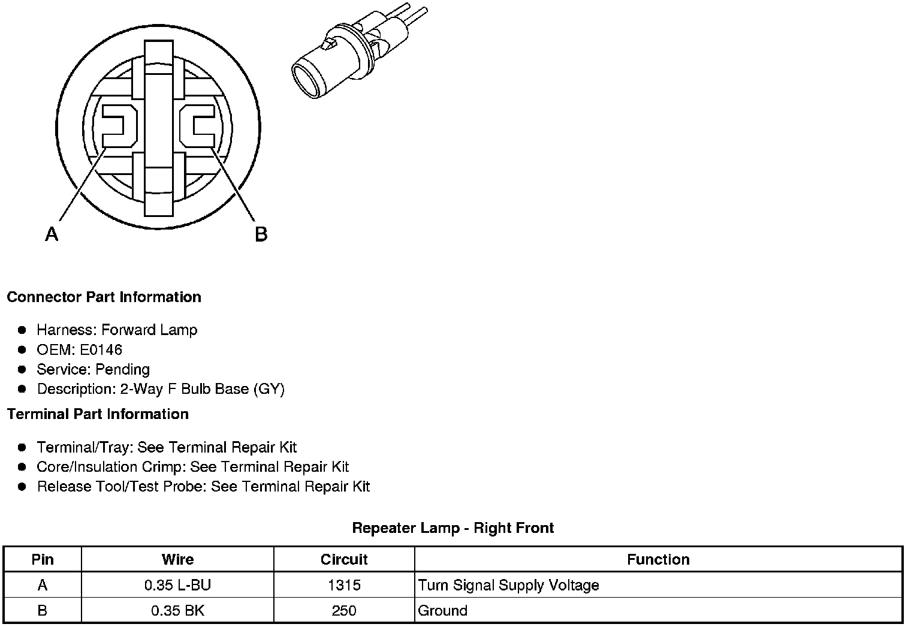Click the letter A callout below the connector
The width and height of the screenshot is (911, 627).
[x=52, y=234]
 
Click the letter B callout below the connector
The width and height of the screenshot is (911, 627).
[x=261, y=234]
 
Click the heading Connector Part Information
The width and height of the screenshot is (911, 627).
[x=104, y=297]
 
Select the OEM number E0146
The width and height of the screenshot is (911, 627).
[x=101, y=349]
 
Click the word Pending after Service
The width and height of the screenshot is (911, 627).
[x=122, y=369]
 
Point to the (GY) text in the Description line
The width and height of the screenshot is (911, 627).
[x=269, y=389]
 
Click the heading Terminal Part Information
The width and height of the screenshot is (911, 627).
[x=98, y=414]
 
